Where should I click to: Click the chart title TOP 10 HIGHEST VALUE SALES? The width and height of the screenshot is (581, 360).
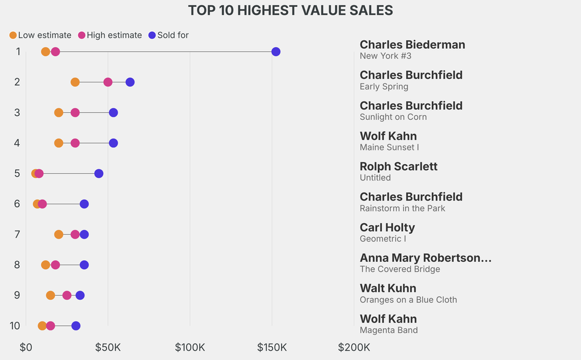pos(290,10)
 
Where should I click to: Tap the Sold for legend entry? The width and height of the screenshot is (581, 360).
pos(168,35)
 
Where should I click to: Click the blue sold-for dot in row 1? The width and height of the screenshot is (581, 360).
pos(276,52)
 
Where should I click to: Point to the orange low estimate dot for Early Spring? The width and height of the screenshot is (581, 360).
pos(75,82)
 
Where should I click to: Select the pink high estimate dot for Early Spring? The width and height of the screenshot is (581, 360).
pos(108,82)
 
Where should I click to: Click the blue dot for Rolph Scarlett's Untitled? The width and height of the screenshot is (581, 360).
pos(99,174)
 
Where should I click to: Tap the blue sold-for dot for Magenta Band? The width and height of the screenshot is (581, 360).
pos(75,326)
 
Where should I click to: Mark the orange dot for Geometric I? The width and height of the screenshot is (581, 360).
pos(58,235)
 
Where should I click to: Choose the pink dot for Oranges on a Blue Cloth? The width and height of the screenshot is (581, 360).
pos(67,295)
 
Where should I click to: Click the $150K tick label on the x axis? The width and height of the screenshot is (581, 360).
pos(272,347)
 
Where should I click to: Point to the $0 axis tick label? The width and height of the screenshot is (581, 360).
pos(26,347)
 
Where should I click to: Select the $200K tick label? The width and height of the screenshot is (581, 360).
pos(354,347)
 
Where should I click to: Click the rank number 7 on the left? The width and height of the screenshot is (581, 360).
pos(17,235)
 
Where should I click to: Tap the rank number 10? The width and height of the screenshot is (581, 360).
pos(15,326)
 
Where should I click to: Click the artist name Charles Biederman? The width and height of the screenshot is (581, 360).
pos(412,45)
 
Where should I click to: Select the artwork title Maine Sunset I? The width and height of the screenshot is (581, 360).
pos(389,148)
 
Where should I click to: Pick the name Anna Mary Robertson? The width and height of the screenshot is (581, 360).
pos(425,258)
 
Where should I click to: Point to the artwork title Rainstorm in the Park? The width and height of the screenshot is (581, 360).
pos(402,208)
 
